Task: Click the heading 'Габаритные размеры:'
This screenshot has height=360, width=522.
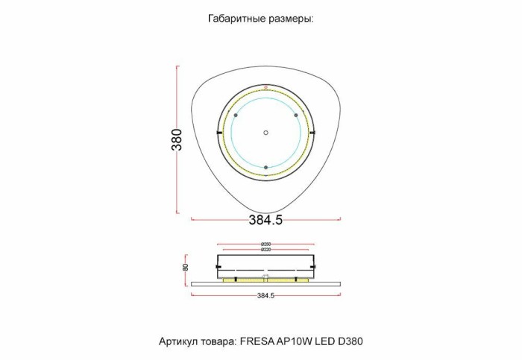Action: click(x=260, y=19)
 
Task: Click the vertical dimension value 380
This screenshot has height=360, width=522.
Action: click(x=177, y=139)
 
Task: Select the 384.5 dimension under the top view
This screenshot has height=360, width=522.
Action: click(x=265, y=220)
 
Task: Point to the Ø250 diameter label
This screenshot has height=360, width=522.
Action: click(x=266, y=244)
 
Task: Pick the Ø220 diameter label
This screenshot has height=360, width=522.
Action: click(x=266, y=250)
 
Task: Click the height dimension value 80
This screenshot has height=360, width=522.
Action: click(x=185, y=266)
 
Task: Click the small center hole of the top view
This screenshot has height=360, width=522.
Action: click(x=265, y=133)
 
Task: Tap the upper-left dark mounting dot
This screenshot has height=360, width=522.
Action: click(x=235, y=116)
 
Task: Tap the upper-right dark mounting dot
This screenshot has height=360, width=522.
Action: click(x=296, y=116)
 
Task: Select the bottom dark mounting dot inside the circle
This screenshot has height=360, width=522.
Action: click(x=265, y=168)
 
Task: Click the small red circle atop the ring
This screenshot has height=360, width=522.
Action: click(x=265, y=89)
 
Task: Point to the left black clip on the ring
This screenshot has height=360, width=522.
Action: click(x=218, y=133)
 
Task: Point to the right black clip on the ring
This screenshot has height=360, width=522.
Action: click(x=314, y=133)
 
